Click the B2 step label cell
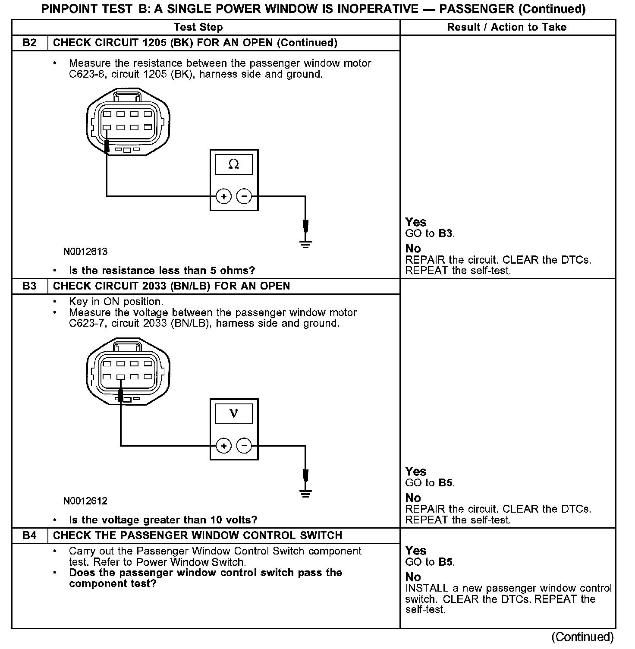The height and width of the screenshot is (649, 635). [x=29, y=43]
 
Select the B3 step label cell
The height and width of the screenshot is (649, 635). [x=29, y=286]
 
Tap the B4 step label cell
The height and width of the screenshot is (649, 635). [x=29, y=536]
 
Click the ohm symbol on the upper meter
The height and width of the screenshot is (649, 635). [x=234, y=164]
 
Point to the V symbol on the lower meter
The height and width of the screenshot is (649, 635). [x=234, y=413]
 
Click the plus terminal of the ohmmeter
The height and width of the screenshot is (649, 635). [x=223, y=197]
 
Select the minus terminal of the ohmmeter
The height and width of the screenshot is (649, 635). [x=244, y=197]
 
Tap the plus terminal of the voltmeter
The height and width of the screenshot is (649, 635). [x=223, y=446]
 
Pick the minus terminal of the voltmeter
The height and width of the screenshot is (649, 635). [x=244, y=446]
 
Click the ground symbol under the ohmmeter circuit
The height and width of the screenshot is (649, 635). [x=305, y=244]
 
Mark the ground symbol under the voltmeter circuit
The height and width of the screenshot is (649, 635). [x=305, y=494]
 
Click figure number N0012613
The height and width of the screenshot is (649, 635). [x=85, y=252]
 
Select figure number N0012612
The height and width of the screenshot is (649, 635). [x=85, y=501]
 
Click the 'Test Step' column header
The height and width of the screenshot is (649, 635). [x=198, y=27]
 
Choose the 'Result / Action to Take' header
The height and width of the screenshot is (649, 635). [x=506, y=27]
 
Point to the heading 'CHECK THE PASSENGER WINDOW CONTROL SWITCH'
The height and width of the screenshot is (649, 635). [x=197, y=536]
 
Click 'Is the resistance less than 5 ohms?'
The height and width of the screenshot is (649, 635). [x=162, y=271]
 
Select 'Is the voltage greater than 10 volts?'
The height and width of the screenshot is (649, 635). [x=163, y=520]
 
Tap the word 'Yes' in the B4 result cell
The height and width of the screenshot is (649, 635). [x=416, y=551]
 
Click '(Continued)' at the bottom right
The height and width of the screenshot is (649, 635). [x=582, y=637]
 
